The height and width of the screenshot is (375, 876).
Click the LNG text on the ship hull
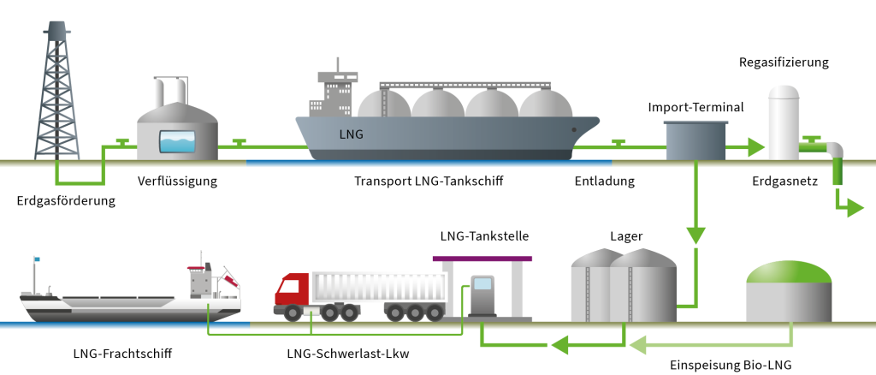(x=351, y=134)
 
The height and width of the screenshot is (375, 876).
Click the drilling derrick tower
(x=56, y=94)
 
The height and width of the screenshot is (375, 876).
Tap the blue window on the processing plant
(x=177, y=141)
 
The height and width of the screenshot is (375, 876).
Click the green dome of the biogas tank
(x=789, y=271)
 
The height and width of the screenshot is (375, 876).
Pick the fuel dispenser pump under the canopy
(x=482, y=294)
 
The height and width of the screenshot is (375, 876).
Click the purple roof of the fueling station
(x=482, y=258)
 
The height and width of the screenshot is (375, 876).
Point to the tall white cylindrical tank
(x=783, y=124)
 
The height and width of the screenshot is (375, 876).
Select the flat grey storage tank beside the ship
(x=695, y=140)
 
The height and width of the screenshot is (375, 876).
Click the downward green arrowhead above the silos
(x=695, y=235)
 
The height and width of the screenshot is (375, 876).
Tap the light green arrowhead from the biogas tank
(x=637, y=345)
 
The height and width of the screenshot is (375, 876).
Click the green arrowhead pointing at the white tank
(x=755, y=147)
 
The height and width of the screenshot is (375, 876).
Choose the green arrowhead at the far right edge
(x=855, y=207)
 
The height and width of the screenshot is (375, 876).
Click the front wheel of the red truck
(x=293, y=312)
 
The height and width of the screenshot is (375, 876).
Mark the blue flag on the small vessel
(x=37, y=259)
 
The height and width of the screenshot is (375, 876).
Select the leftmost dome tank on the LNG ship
(x=384, y=104)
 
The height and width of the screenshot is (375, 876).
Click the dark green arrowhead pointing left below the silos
(x=560, y=345)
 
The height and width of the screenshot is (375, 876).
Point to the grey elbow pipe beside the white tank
(x=834, y=151)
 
